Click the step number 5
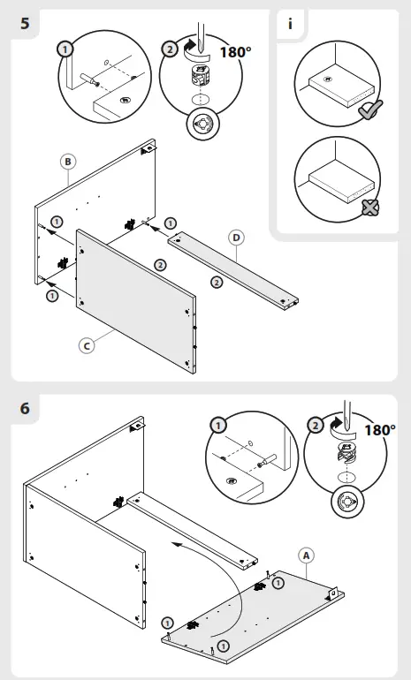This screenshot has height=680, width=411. [x=25, y=23]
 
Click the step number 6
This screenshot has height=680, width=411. [x=25, y=408]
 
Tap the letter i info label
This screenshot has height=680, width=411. [x=290, y=24]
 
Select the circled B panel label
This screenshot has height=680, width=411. [x=68, y=162]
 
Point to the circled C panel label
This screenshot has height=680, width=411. [x=87, y=345]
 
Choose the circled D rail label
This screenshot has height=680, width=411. [x=236, y=238]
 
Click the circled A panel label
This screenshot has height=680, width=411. [x=307, y=555]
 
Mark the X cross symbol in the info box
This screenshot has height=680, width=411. [x=370, y=208]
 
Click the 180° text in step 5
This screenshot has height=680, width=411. [x=235, y=52]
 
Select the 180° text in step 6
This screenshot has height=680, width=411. [x=380, y=430]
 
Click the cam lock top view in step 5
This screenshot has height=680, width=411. [x=202, y=124]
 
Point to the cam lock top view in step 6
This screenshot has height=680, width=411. [x=347, y=502]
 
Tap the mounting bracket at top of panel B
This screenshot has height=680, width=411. [x=147, y=148]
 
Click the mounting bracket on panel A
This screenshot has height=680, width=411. [x=332, y=593]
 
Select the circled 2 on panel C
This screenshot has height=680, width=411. [x=160, y=265]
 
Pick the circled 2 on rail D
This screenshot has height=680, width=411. [x=217, y=283]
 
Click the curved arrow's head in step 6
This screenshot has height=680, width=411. [x=175, y=544]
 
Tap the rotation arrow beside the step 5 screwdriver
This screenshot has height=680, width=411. [x=191, y=49]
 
